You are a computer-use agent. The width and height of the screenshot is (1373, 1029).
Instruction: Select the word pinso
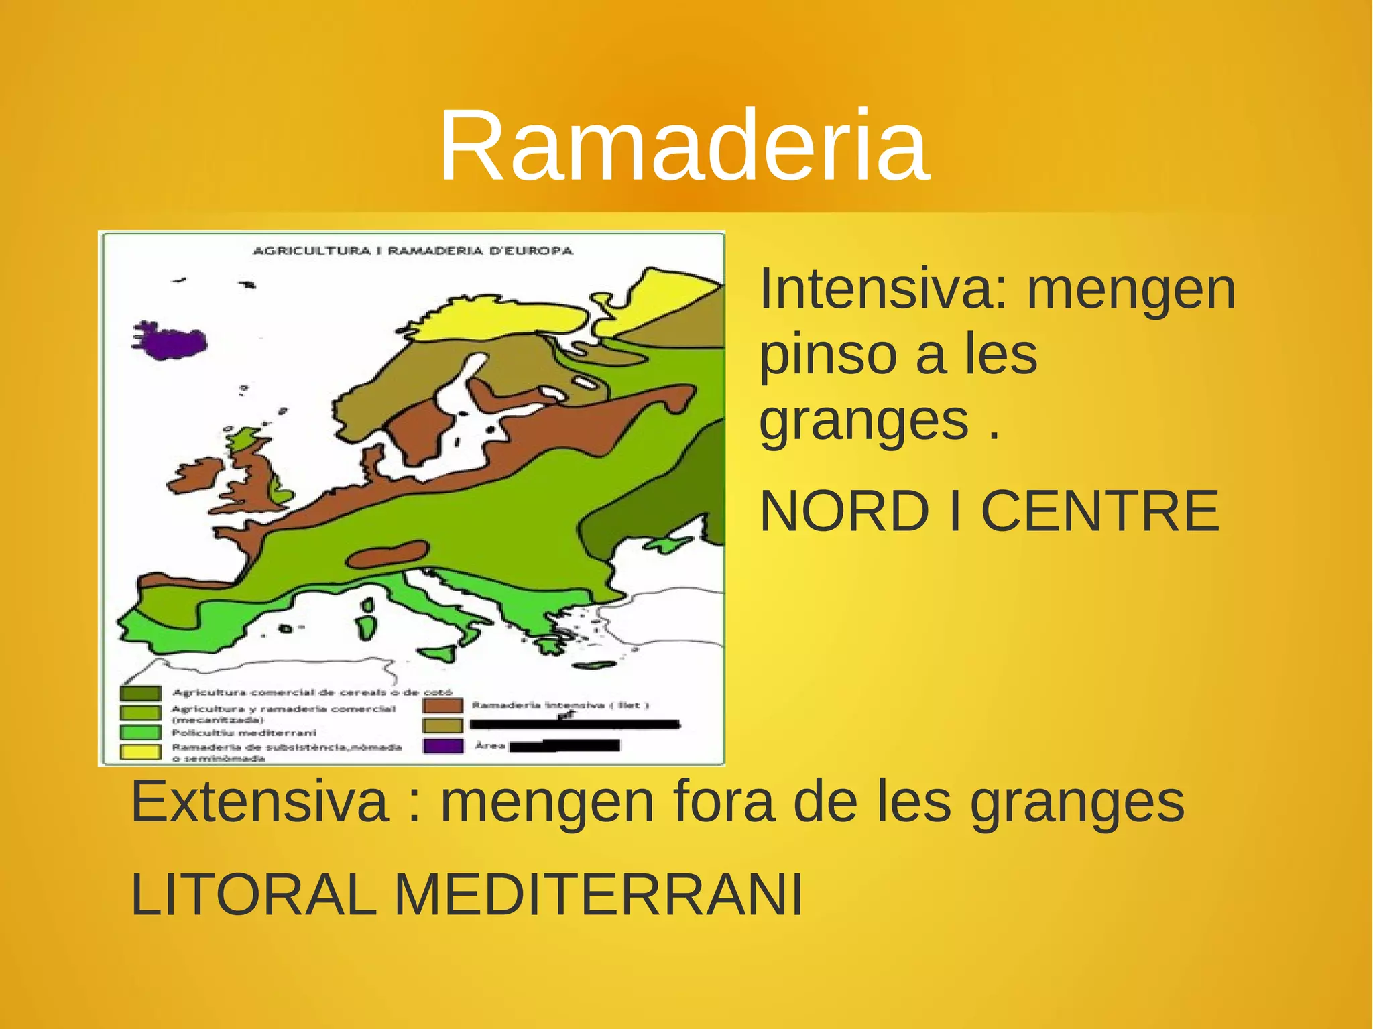(826, 355)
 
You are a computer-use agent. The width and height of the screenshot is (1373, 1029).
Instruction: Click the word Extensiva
(259, 802)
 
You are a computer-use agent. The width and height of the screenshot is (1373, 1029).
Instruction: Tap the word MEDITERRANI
(598, 894)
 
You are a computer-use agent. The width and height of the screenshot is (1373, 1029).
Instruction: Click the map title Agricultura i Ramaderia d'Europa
(413, 251)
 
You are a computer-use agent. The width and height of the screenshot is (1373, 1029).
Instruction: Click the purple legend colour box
(442, 745)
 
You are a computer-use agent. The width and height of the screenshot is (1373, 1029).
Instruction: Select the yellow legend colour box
(141, 751)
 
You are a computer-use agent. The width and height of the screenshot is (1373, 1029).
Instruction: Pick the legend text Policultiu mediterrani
(243, 733)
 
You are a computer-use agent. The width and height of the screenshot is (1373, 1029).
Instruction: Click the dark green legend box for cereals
(141, 692)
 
